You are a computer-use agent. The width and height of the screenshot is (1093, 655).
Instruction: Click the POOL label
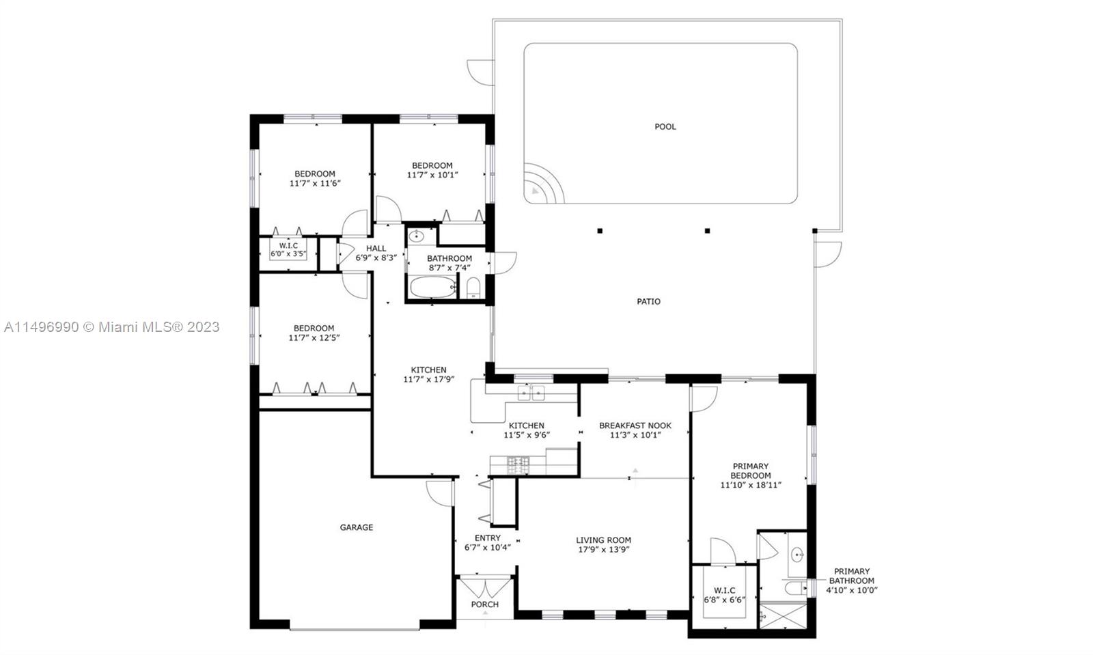pyautogui.click(x=665, y=127)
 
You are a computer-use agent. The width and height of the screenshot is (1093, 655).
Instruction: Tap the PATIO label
pyautogui.click(x=648, y=301)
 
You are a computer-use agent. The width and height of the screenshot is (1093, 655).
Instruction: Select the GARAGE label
pyautogui.click(x=356, y=527)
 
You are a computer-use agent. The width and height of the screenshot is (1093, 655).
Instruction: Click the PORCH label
pyautogui.click(x=484, y=604)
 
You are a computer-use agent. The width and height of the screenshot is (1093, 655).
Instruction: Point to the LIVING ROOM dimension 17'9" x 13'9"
pyautogui.click(x=604, y=550)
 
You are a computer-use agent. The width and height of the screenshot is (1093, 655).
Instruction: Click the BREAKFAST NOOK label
pyautogui.click(x=635, y=426)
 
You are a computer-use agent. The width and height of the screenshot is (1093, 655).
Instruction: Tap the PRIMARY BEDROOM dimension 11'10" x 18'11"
pyautogui.click(x=751, y=485)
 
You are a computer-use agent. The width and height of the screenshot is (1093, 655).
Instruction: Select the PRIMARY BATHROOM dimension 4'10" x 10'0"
pyautogui.click(x=852, y=590)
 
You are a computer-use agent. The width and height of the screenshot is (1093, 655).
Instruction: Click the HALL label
pyautogui.click(x=376, y=248)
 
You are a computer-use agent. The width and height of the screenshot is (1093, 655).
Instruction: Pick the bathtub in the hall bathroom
pyautogui.click(x=433, y=288)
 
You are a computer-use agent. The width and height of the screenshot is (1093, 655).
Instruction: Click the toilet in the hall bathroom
pyautogui.click(x=473, y=288)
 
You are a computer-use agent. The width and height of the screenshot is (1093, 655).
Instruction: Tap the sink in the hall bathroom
pyautogui.click(x=416, y=237)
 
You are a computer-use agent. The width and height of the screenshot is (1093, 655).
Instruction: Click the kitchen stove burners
pyautogui.click(x=518, y=465)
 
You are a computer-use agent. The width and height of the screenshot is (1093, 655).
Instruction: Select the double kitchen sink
pyautogui.click(x=531, y=393)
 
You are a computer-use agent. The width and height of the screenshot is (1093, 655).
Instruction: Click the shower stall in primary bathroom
pyautogui.click(x=783, y=615)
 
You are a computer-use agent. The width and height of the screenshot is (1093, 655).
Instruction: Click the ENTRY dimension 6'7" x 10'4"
pyautogui.click(x=488, y=548)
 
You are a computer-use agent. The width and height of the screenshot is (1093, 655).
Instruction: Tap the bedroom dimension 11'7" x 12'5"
pyautogui.click(x=314, y=337)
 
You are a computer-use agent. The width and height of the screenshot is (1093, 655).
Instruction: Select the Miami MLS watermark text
pyautogui.click(x=112, y=326)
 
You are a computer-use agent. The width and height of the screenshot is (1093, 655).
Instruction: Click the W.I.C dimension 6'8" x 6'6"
pyautogui.click(x=725, y=600)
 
